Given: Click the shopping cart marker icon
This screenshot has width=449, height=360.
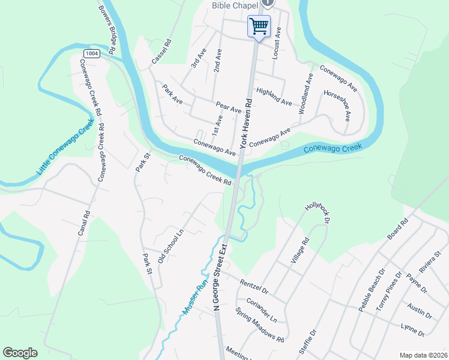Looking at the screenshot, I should tap(259, 27).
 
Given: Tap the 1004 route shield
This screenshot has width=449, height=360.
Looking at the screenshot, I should tap(91, 53).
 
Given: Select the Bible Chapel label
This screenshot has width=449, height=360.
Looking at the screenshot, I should tap(235, 5).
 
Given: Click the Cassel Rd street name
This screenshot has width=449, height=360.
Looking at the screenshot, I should tap(161, 52).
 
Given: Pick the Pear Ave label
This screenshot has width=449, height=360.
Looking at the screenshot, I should tap(228, 107).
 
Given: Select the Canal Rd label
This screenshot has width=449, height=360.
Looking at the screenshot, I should tap(83, 222).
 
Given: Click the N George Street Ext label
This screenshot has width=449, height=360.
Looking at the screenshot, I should tap(220, 277).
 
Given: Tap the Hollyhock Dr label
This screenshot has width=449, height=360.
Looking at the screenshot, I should tap(318, 213).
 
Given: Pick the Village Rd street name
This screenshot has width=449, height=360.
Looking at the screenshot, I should tap(300, 250).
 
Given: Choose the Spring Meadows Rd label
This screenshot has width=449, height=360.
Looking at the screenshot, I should tap(259, 324).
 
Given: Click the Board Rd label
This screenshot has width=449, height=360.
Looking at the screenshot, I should tap(397, 229).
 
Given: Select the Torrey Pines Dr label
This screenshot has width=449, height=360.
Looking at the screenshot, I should tap(388, 291).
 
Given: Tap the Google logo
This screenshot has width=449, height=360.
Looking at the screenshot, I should tap(20, 353).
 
